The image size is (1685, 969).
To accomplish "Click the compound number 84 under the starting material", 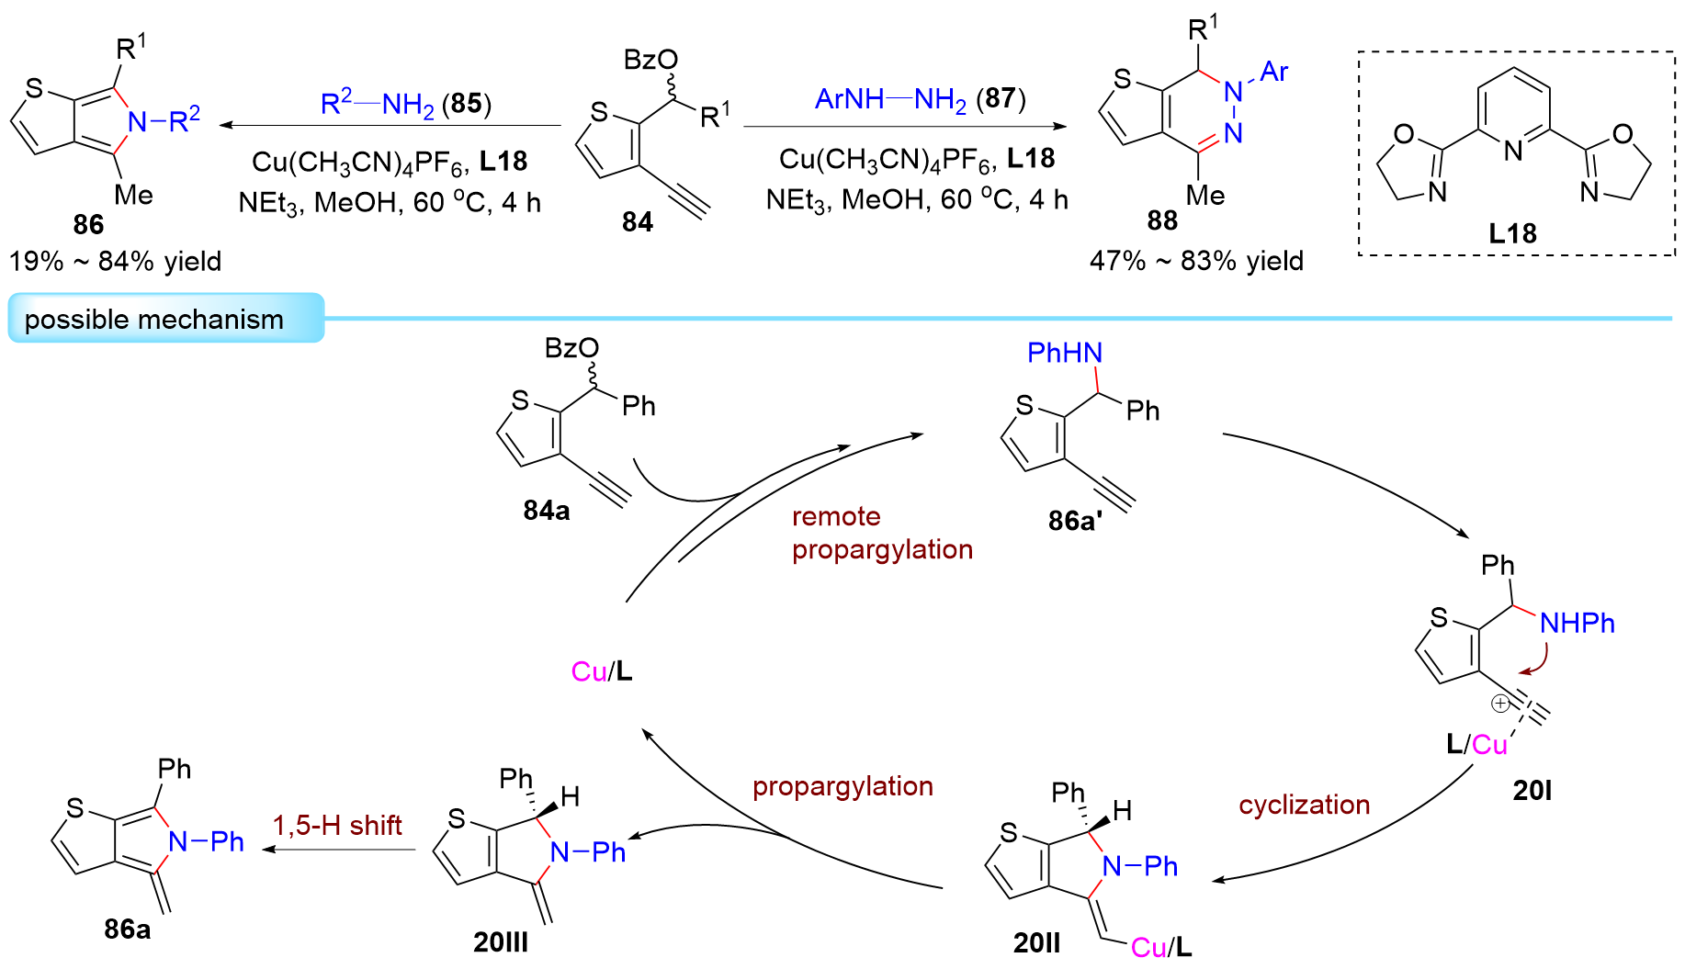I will pos(637,221).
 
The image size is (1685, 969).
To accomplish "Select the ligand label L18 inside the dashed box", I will pos(1512,233).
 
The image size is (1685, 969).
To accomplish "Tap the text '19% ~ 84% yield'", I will pos(115,262).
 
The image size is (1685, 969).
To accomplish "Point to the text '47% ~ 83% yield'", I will pos(1196,262).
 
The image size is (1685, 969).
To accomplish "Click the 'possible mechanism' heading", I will pos(153,320).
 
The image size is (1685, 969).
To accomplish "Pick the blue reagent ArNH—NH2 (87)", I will pos(920,98).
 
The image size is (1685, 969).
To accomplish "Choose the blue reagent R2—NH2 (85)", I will pos(405,104).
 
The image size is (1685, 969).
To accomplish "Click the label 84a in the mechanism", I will pos(547,511).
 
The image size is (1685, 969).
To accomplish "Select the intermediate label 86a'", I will pos(1075,521).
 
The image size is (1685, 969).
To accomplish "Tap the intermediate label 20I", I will pos(1532,790).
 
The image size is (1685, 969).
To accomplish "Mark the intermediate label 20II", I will pos(1036,942).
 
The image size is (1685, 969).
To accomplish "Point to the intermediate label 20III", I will pos(501,942).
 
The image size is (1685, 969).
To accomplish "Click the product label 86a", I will pos(127,930).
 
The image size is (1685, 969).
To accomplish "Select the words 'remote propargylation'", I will pos(881,533).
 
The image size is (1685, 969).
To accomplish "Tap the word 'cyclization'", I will pos(1304,805).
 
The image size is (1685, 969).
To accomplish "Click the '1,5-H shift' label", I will pos(337,825).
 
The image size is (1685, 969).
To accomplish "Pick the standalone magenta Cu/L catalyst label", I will pos(602,671).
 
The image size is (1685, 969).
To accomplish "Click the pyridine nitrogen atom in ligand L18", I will pos(1512,151).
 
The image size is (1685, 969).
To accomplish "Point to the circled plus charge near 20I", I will pos(1499,704).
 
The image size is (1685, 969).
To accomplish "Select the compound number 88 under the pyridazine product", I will pos(1161,220).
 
